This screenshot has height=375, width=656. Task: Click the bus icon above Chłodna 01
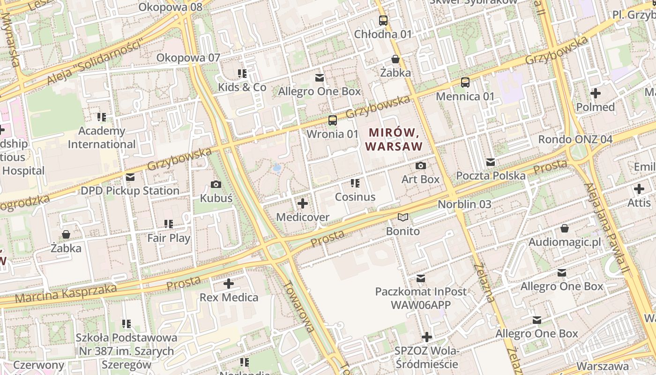(x=383, y=20)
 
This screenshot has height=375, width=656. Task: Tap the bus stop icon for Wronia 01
(x=333, y=120)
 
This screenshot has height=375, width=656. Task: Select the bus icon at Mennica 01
(x=465, y=82)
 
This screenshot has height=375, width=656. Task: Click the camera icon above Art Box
(x=421, y=165)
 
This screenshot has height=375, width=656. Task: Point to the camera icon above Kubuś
(x=216, y=184)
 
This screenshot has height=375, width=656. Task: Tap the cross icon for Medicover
(x=303, y=203)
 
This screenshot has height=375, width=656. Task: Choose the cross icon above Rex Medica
(x=229, y=284)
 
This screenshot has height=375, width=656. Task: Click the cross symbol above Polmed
(x=596, y=93)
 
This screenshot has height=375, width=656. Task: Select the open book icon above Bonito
(x=403, y=217)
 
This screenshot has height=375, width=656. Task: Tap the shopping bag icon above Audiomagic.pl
(x=565, y=228)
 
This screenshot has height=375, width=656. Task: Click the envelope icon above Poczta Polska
(x=491, y=162)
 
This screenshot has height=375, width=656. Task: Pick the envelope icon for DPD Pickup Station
(x=130, y=177)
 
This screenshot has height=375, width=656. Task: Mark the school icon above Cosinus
(x=355, y=183)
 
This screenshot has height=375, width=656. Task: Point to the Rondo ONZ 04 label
(x=575, y=139)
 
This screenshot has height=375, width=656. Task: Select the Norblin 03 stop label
(x=464, y=204)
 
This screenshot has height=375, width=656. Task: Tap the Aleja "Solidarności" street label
(x=94, y=64)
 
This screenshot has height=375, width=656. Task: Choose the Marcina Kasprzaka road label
(x=66, y=293)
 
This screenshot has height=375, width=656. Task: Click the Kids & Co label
(x=242, y=87)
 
